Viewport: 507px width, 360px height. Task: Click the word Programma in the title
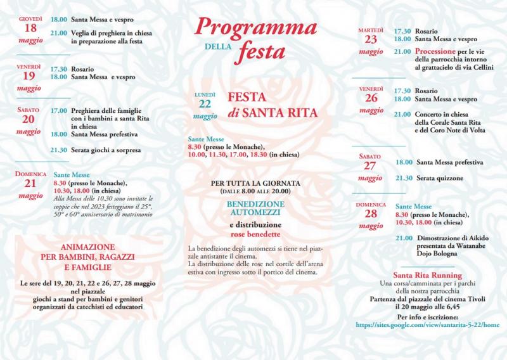[255, 26]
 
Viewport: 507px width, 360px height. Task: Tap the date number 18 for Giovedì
[30, 29]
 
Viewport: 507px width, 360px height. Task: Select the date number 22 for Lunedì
[205, 105]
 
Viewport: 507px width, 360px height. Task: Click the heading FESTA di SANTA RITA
[273, 106]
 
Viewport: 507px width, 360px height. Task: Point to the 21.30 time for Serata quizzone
[403, 178]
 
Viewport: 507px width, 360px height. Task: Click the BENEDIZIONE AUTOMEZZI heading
[256, 209]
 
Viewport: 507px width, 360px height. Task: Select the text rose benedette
[255, 234]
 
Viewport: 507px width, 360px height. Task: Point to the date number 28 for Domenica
[370, 214]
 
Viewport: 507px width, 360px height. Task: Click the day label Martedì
[371, 30]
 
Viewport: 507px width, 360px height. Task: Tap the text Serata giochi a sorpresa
[106, 150]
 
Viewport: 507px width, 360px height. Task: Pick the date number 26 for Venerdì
[371, 98]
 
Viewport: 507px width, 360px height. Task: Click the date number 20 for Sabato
[29, 120]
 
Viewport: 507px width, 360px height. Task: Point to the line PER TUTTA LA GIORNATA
[255, 183]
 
